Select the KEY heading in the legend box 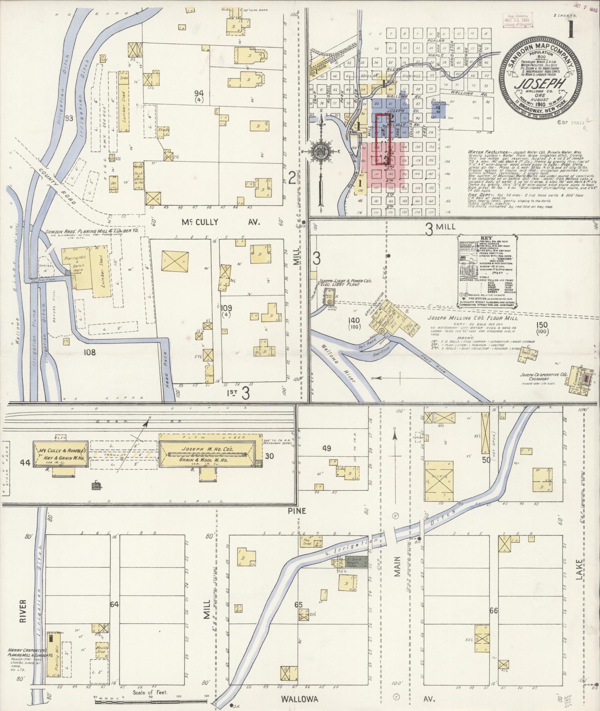(486, 237)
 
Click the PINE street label (296, 511)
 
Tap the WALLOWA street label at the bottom (299, 689)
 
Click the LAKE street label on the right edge (578, 569)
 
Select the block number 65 (298, 605)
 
